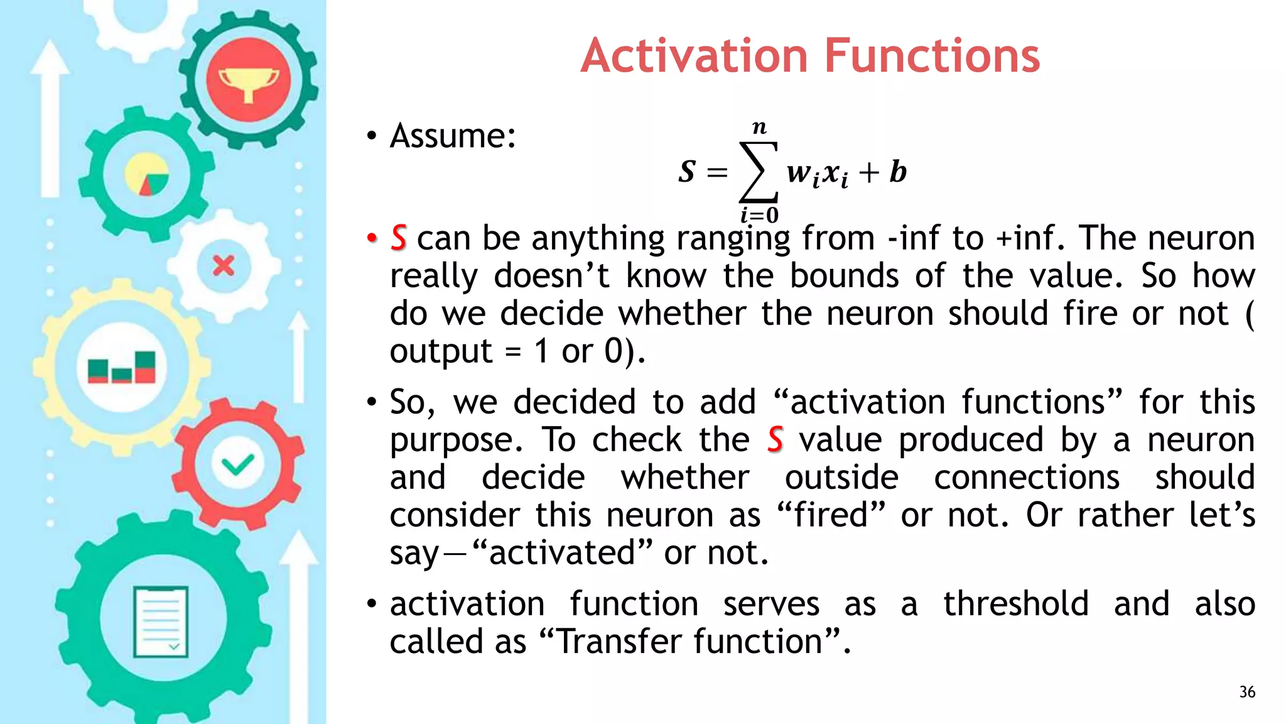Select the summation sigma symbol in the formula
(x=759, y=172)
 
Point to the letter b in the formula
(x=898, y=172)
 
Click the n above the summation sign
(x=759, y=128)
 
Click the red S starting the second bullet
(x=399, y=238)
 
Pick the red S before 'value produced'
(x=775, y=439)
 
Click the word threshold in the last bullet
(x=1015, y=604)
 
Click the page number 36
(x=1247, y=692)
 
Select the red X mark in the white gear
(x=223, y=266)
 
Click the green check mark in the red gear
(x=237, y=464)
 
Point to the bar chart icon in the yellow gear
(x=121, y=367)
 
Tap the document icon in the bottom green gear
(x=161, y=622)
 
